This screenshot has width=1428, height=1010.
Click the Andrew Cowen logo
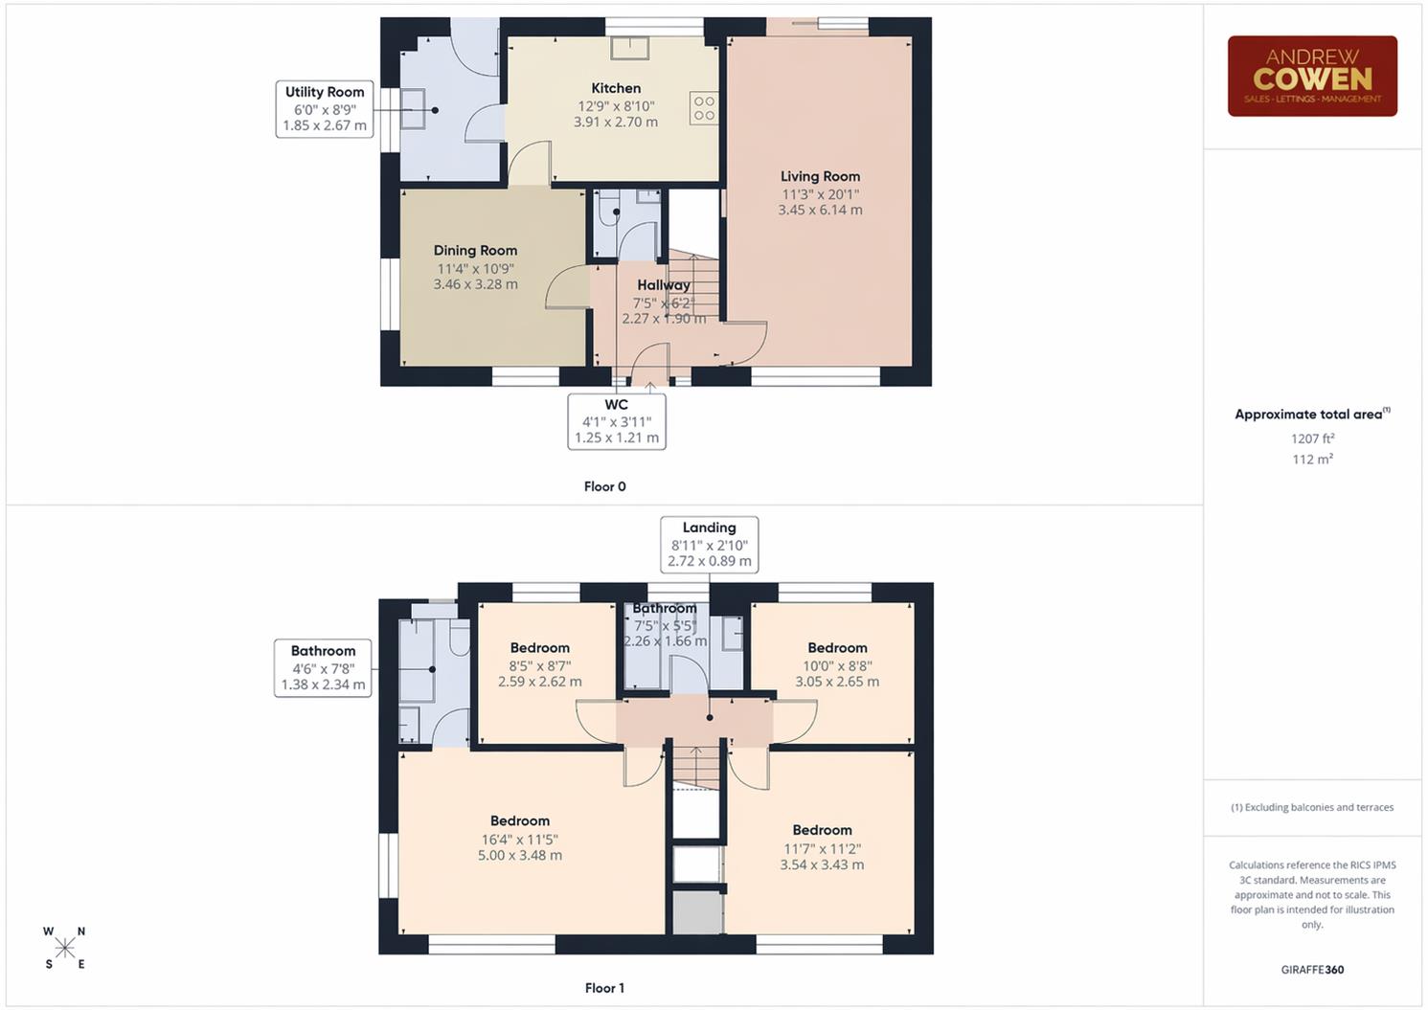click(x=1312, y=77)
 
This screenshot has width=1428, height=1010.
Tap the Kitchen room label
click(x=616, y=88)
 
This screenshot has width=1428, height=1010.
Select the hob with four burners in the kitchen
click(x=704, y=108)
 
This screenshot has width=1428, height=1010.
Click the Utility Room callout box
click(x=325, y=108)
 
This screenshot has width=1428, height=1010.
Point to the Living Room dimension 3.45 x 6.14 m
click(x=820, y=210)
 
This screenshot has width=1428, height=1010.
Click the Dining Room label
click(x=475, y=251)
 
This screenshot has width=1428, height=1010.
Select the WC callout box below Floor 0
click(x=617, y=421)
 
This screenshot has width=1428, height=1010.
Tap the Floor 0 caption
click(x=604, y=486)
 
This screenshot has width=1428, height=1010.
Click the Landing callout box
click(x=709, y=544)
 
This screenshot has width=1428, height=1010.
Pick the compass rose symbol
click(x=64, y=948)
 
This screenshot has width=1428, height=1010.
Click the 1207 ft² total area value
click(x=1312, y=438)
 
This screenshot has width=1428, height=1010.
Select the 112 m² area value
click(x=1312, y=460)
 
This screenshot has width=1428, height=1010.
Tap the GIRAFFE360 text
click(x=1312, y=970)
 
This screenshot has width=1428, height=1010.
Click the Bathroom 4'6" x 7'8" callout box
click(x=323, y=667)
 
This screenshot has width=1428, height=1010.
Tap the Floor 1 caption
click(x=604, y=988)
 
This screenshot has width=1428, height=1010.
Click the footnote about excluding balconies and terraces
click(x=1312, y=807)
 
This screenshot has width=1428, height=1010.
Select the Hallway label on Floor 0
click(x=663, y=285)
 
